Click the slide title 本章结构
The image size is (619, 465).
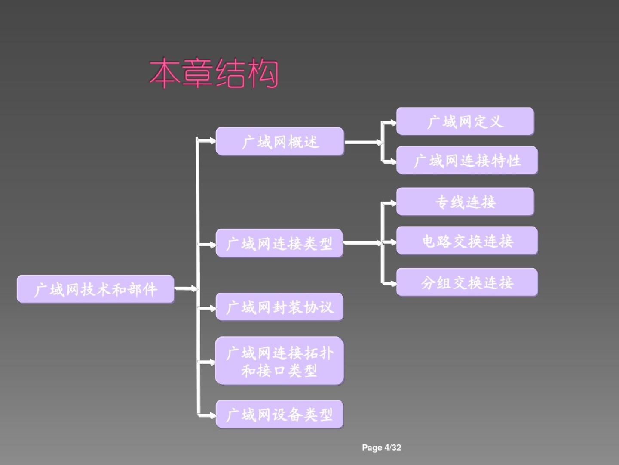coord(214,74)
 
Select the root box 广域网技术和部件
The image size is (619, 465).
coord(95,289)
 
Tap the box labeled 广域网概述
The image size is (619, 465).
coord(280,141)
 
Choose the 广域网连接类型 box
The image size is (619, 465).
coord(279,243)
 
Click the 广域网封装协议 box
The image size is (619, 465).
coord(279,307)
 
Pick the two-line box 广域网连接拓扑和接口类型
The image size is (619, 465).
coord(279,361)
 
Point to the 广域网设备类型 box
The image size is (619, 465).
coord(279,414)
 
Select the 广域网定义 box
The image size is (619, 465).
coord(465,121)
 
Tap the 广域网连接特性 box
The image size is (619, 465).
coord(467,160)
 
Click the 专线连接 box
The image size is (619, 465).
coord(465,201)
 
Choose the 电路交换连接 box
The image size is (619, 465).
coord(467,241)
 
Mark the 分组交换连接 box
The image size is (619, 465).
coord(467,282)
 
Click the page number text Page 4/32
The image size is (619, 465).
coord(381,448)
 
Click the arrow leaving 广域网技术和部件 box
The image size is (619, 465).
coord(185,288)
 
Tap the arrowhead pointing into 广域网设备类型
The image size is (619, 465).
coord(211,415)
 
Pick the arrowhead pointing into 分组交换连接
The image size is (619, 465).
coord(392,283)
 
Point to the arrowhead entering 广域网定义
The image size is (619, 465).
coord(392,123)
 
